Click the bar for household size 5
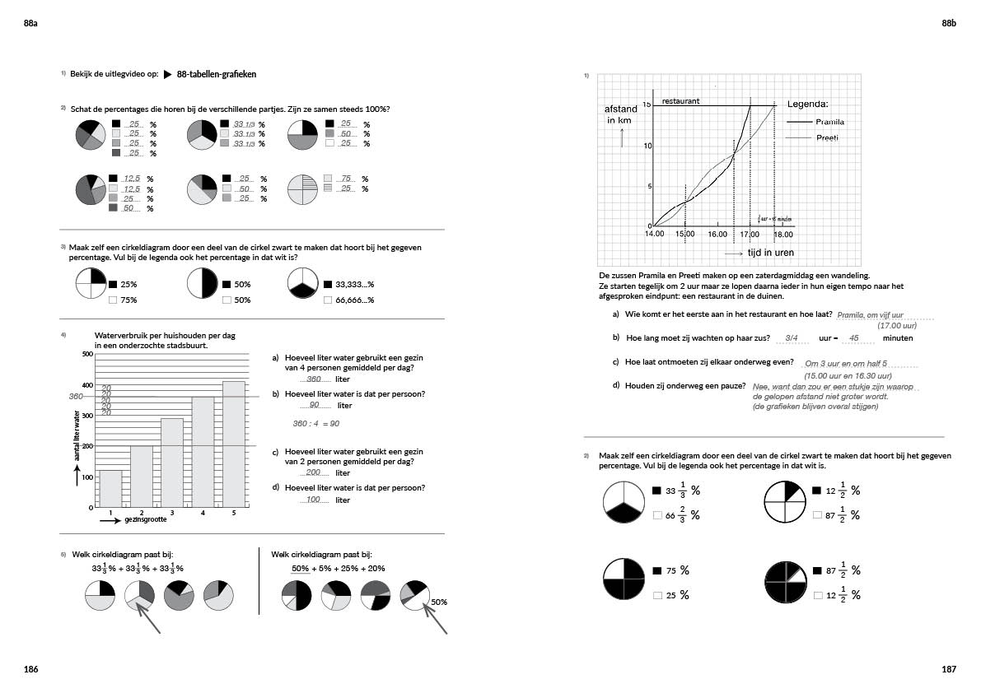click(x=233, y=444)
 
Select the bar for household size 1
click(x=110, y=489)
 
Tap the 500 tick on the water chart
click(x=87, y=354)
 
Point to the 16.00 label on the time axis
click(x=717, y=235)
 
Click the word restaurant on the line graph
click(x=680, y=100)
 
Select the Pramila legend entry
click(x=829, y=122)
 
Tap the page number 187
click(x=949, y=670)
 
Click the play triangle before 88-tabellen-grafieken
click(x=168, y=74)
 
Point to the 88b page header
click(x=949, y=25)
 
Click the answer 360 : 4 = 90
click(x=316, y=424)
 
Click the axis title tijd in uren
click(x=770, y=253)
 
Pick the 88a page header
click(x=31, y=25)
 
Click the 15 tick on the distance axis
click(x=647, y=105)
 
